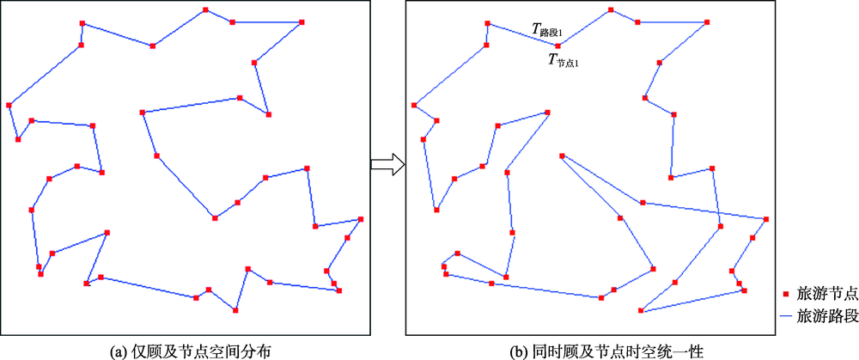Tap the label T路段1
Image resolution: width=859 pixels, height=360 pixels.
[545, 31]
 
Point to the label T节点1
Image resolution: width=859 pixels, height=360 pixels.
[563, 60]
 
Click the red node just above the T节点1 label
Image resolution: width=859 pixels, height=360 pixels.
[557, 46]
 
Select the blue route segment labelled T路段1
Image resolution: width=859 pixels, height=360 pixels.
[522, 35]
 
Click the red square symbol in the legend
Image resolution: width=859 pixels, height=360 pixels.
[786, 293]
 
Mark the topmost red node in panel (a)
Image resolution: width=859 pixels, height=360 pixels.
[205, 10]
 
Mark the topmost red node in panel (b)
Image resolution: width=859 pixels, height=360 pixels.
[611, 10]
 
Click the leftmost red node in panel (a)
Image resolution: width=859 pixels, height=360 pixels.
[9, 105]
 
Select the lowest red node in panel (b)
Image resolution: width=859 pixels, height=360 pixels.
[641, 310]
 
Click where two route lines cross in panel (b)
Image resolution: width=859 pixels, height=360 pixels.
[717, 213]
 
